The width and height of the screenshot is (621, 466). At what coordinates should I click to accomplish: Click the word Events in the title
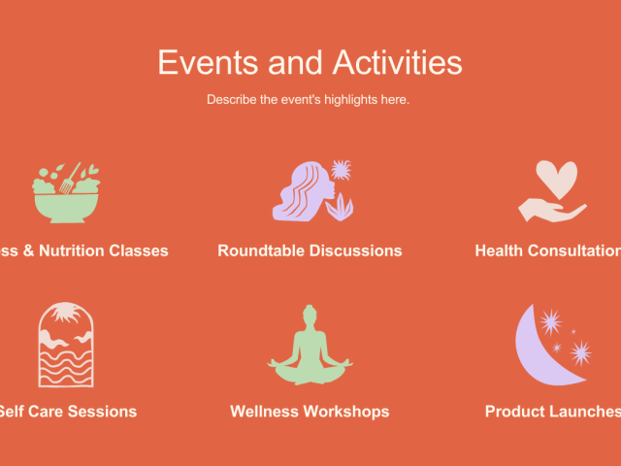point(204,62)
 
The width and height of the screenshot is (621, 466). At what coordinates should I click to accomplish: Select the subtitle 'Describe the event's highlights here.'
point(308,99)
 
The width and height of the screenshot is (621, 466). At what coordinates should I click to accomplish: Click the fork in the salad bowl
point(70,179)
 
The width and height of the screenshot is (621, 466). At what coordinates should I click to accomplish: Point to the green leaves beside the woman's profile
point(340,206)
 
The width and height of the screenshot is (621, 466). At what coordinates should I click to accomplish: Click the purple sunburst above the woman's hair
point(340,171)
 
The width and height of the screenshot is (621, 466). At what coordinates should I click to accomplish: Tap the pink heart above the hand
point(557,178)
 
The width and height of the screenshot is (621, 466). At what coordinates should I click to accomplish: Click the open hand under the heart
point(549,209)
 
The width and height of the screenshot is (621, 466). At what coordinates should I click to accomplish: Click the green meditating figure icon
point(310,348)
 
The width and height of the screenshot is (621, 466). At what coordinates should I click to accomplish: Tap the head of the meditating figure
point(310,315)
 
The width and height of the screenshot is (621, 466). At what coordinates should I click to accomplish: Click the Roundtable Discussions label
point(310,250)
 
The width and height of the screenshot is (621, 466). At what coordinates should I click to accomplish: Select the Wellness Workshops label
point(310,411)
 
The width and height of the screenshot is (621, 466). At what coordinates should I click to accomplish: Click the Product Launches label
point(551,411)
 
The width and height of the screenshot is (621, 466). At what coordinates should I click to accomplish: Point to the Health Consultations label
point(547,250)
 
